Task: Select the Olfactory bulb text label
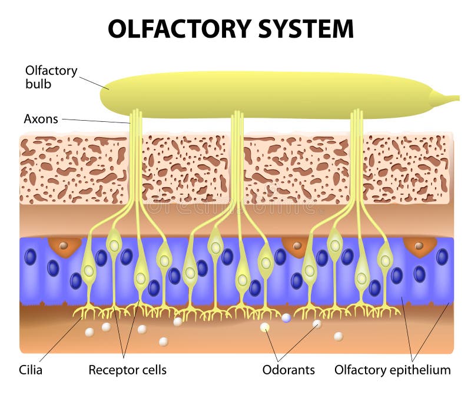(x=51, y=77)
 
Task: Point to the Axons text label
(x=41, y=119)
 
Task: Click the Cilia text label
(x=31, y=370)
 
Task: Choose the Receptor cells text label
(x=127, y=370)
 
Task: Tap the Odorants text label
(x=288, y=370)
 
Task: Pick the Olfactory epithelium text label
(x=392, y=370)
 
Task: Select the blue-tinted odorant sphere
(x=286, y=318)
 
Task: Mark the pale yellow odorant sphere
(x=265, y=327)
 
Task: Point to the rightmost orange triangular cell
(x=420, y=246)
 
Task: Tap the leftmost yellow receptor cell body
(x=88, y=270)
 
